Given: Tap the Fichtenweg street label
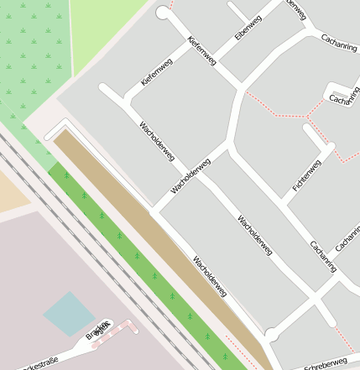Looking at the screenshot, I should point(306,176).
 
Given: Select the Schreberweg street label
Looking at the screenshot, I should point(326,362).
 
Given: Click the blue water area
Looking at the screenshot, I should point(69,313).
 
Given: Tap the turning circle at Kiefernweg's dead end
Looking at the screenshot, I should point(163,13).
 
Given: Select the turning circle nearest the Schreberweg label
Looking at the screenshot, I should point(271,336).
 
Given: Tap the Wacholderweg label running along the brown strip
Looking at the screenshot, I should point(210,276).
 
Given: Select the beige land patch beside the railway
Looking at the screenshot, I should point(13,189).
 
